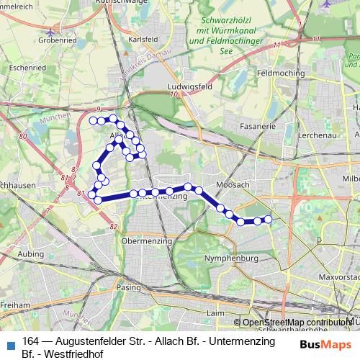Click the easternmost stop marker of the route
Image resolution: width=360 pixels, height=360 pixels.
coord(268,219)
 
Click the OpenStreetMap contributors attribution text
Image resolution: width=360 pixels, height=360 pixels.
coord(297,323)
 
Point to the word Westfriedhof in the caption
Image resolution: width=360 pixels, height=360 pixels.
coord(79,354)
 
